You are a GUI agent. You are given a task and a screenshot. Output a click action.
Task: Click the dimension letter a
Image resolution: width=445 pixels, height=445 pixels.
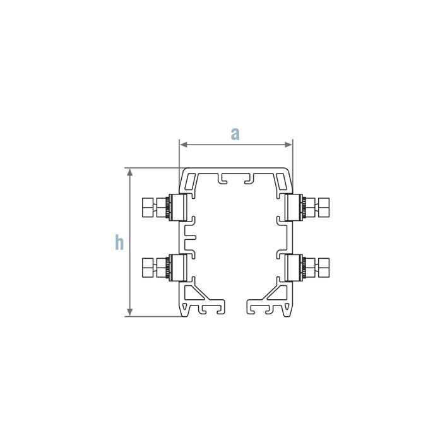coord(235,134)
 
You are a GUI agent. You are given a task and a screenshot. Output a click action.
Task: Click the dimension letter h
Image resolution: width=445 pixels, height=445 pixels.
coord(119,242)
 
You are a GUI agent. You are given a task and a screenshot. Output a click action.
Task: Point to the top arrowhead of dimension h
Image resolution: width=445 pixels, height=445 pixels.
coord(130,172)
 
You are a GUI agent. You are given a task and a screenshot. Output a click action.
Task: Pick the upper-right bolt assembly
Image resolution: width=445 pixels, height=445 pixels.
coord(307,207)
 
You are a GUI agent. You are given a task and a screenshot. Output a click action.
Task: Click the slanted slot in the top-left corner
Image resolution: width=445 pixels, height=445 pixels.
coord(189,182)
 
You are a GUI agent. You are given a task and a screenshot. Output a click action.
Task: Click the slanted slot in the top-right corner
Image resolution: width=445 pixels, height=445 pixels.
coord(285,182)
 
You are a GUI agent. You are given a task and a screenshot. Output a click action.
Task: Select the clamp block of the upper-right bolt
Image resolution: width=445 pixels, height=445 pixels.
coord(292,207)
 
